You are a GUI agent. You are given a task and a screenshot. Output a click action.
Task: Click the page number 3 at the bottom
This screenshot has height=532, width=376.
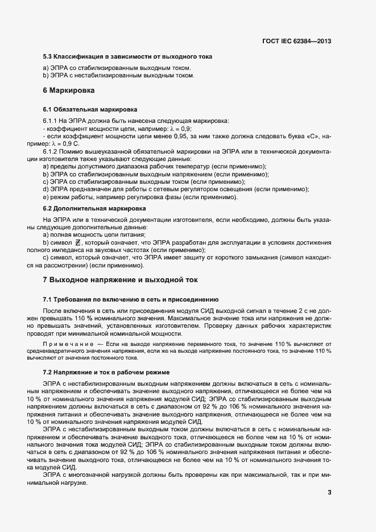pyautogui.click(x=329, y=492)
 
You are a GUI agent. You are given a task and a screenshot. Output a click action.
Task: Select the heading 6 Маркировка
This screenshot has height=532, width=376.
pyautogui.click(x=69, y=90)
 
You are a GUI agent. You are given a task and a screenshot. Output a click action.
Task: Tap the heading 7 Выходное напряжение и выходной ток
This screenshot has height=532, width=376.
pyautogui.click(x=120, y=280)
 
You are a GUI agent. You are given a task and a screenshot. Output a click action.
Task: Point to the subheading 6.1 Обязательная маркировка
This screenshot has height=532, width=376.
pyautogui.click(x=90, y=109)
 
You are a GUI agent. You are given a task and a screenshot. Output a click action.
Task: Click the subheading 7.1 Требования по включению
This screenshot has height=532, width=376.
pyautogui.click(x=130, y=299)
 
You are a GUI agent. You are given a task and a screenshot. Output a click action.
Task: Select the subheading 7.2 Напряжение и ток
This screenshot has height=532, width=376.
pyautogui.click(x=106, y=372)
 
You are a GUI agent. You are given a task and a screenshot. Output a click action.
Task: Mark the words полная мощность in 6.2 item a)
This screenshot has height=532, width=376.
pyautogui.click(x=79, y=234)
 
